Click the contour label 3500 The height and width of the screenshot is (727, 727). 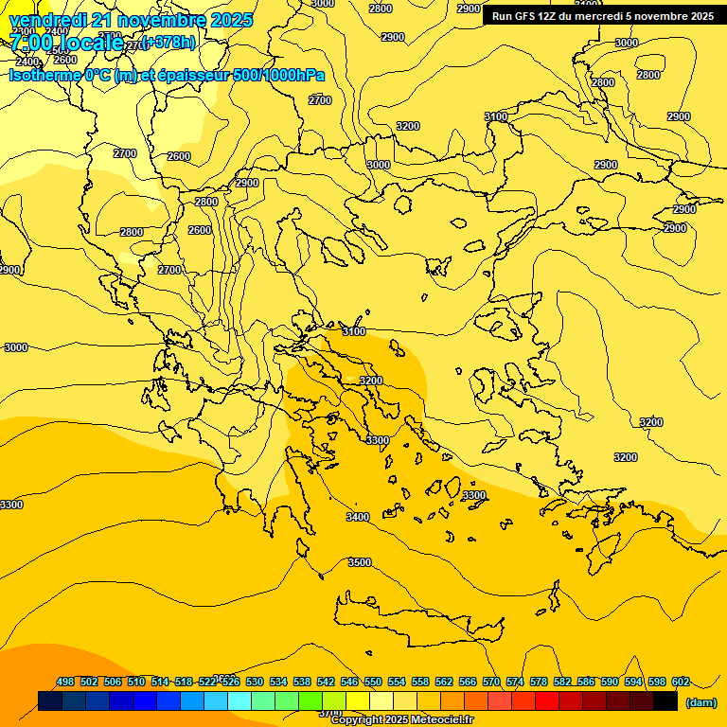360,562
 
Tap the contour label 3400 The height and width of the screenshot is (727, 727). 358,517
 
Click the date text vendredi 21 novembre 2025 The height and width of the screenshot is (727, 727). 131,20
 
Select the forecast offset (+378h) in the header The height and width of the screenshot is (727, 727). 168,42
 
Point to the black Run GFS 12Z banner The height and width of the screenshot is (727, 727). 602,15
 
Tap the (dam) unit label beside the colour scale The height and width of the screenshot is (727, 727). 700,702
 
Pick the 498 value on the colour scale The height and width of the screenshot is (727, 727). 65,682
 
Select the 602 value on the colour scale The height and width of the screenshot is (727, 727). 681,682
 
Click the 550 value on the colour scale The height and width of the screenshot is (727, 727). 373,682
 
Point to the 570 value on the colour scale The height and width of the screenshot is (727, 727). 491,682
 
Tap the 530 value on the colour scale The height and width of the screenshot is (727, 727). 255,682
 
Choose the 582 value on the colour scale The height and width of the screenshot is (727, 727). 562,682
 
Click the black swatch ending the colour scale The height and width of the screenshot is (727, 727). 665,701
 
